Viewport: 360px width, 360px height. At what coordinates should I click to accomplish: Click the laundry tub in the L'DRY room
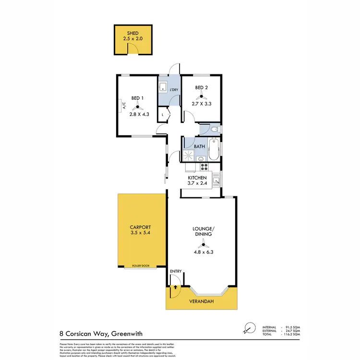[163, 87]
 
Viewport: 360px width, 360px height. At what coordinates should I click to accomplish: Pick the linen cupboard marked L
[163, 115]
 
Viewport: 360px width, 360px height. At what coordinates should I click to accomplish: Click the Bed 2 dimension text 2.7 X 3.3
[202, 103]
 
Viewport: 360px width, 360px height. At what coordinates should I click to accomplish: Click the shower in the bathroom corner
[189, 155]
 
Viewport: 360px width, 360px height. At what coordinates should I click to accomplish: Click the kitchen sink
[216, 181]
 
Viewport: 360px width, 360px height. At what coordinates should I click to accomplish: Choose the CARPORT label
[140, 228]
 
